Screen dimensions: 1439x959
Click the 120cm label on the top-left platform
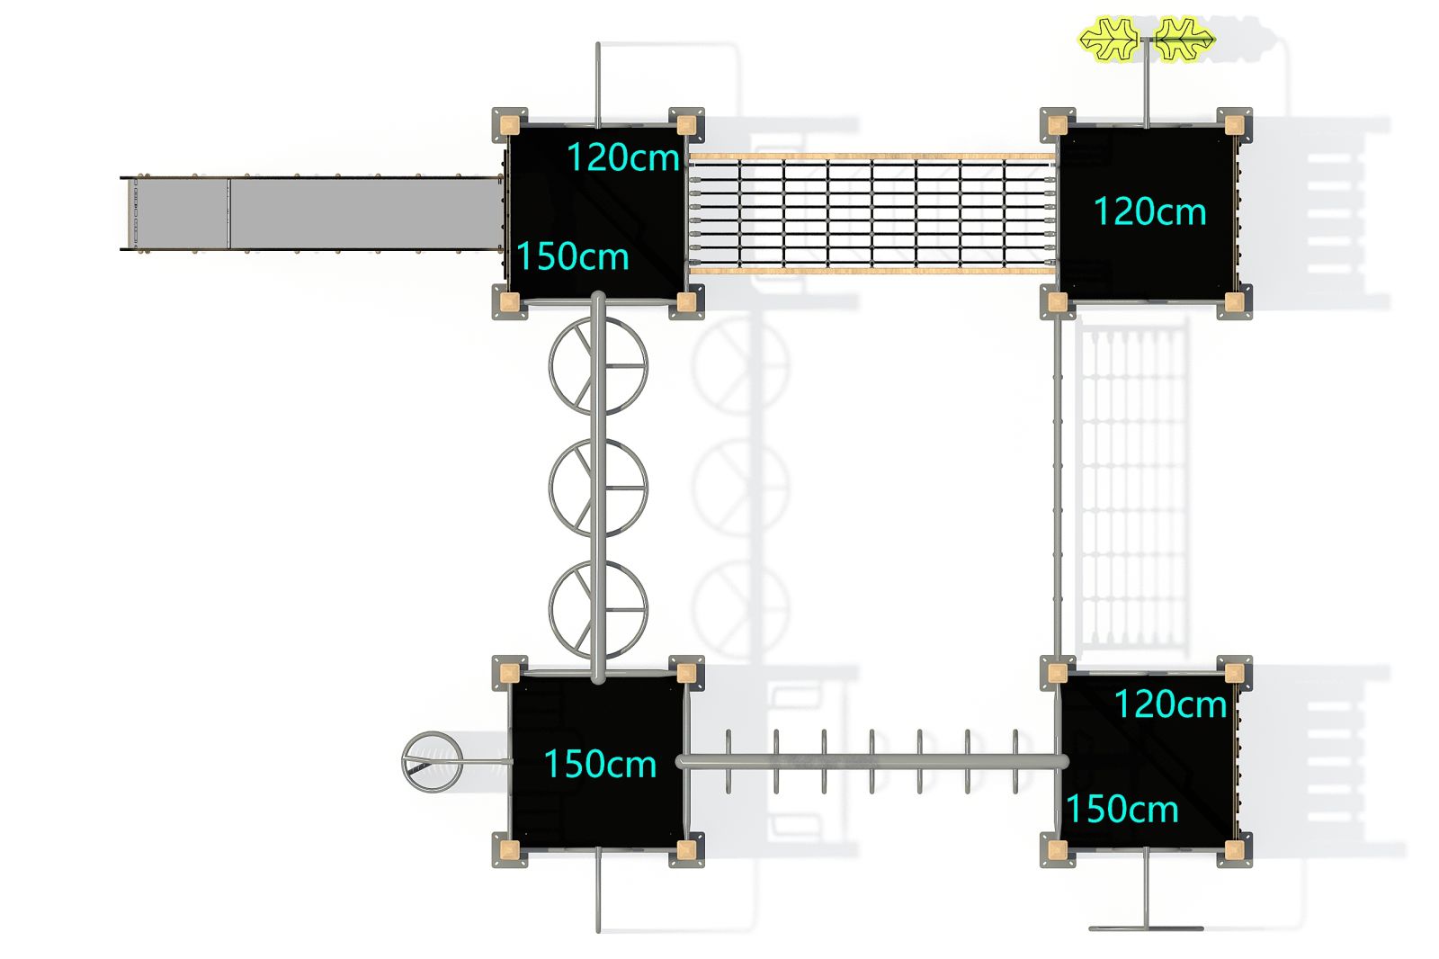click(622, 157)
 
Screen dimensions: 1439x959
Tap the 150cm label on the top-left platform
click(572, 256)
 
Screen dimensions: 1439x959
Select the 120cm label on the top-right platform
click(1149, 211)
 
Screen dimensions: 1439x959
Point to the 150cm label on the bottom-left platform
click(599, 764)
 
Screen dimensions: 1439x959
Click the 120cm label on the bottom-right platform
click(1170, 704)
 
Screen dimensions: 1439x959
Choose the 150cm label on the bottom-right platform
click(1122, 809)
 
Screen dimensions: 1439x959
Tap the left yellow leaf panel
click(1108, 40)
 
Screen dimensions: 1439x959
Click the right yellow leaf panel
click(1184, 40)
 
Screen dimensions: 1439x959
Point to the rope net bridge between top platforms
click(871, 213)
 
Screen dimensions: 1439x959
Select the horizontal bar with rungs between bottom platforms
click(871, 762)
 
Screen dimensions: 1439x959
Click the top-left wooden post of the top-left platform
click(510, 125)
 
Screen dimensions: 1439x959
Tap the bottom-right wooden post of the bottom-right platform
click(1234, 850)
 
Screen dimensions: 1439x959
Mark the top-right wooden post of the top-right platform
click(1234, 125)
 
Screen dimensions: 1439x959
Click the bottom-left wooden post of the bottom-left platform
click(510, 850)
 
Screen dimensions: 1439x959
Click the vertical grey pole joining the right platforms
click(1058, 488)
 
